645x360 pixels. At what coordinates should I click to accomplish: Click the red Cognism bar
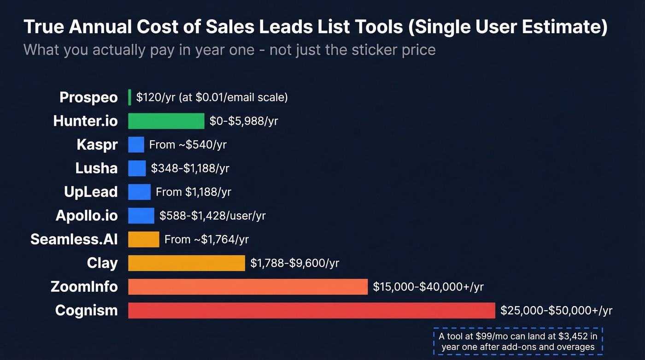[x=311, y=310]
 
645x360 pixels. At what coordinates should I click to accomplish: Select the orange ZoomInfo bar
[x=247, y=287]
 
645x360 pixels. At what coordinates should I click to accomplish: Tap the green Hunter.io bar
[x=166, y=121]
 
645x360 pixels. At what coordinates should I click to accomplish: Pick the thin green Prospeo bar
[x=129, y=97]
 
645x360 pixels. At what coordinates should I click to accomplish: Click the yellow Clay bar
[x=186, y=263]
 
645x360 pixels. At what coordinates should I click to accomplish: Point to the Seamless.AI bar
[x=143, y=239]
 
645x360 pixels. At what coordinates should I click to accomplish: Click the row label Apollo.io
[x=86, y=215]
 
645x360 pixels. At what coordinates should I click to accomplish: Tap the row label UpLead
[x=91, y=192]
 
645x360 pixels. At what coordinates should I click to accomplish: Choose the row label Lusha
[x=96, y=168]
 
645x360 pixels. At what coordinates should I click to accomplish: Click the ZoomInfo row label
[x=84, y=287]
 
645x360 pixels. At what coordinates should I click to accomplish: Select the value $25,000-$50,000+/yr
[x=556, y=311]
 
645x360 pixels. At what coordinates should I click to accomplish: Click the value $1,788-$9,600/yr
[x=294, y=263]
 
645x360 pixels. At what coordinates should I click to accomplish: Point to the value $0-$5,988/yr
[x=243, y=121]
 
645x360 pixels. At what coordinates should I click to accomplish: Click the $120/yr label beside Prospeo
[x=212, y=97]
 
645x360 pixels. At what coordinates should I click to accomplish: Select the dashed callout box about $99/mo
[x=518, y=342]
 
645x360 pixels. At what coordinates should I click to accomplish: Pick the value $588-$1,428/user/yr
[x=212, y=215]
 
